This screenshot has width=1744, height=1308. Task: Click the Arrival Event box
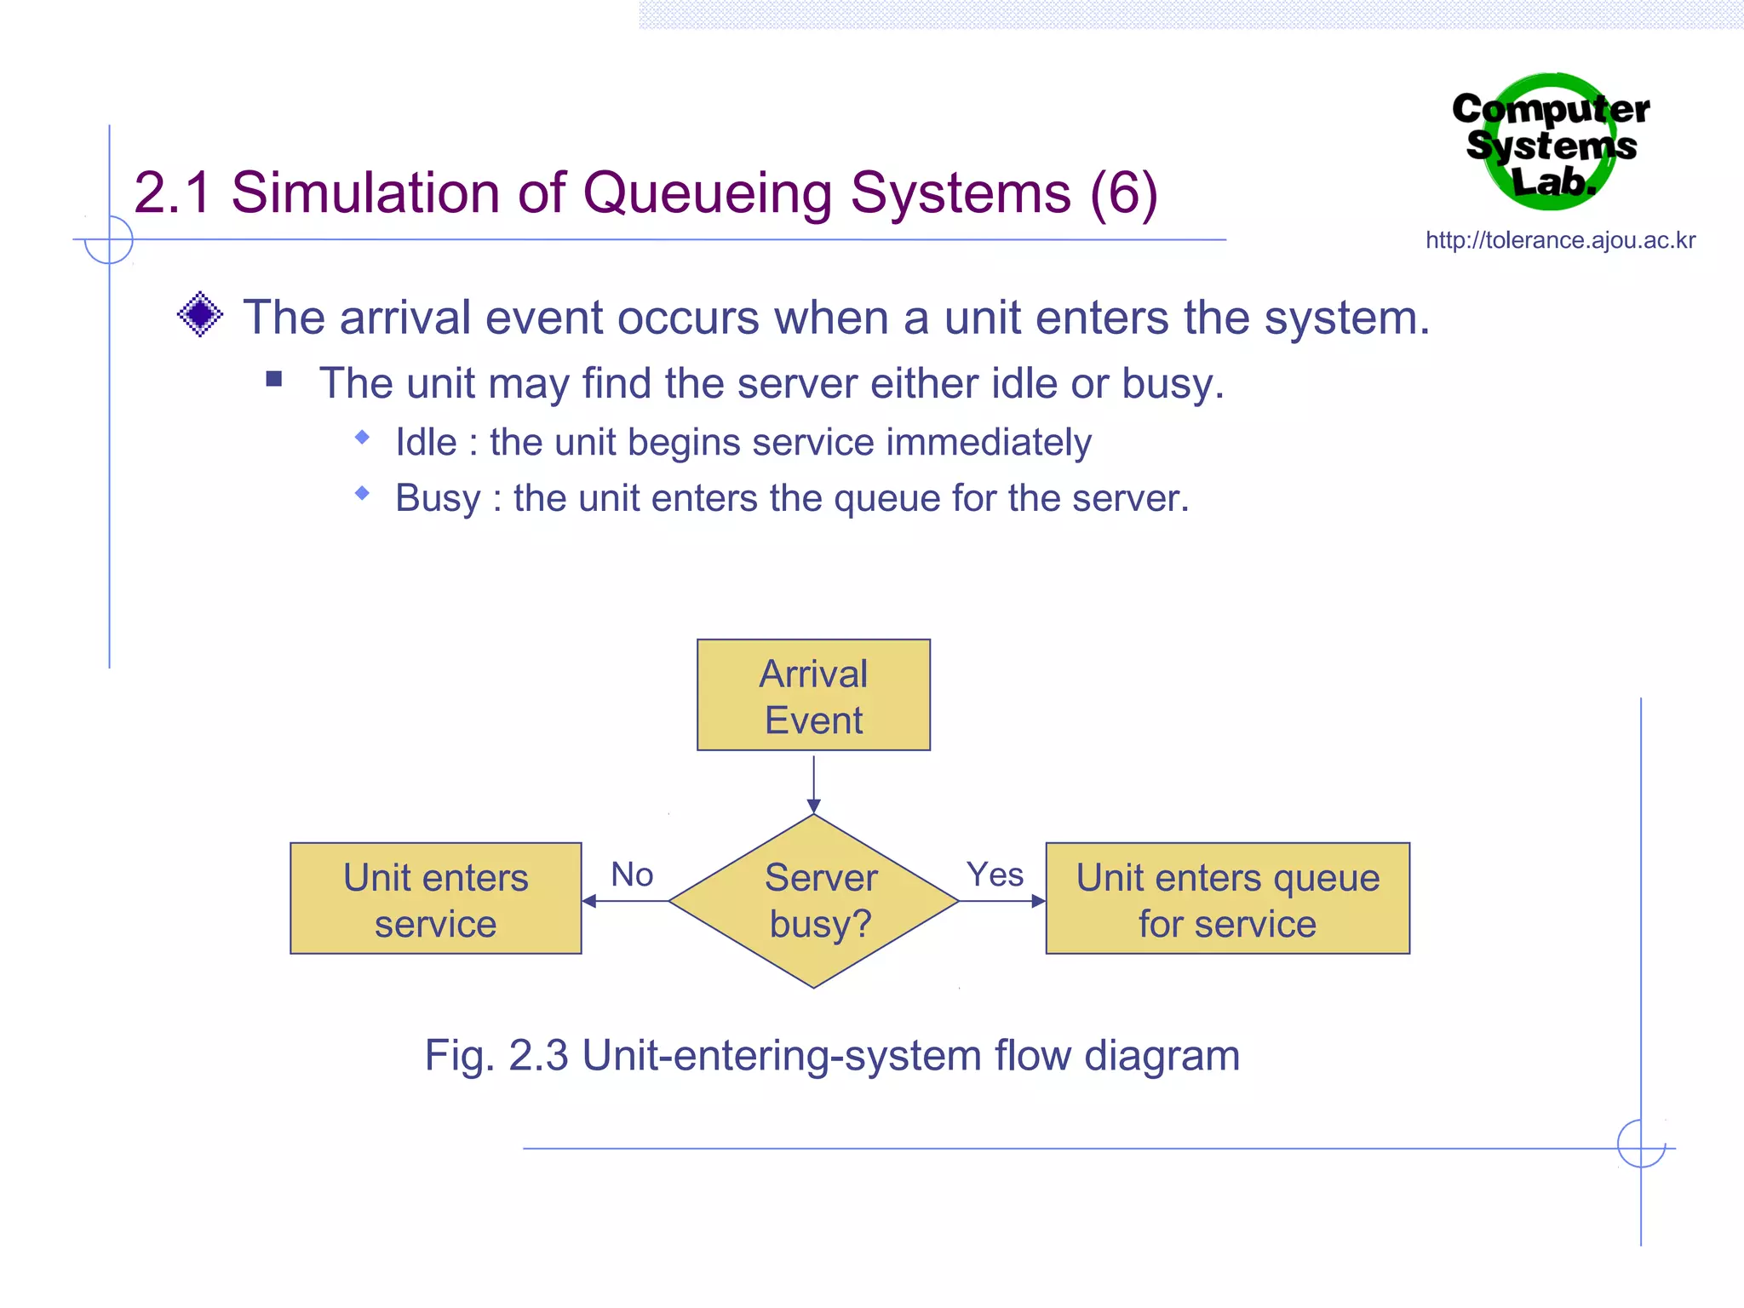[x=813, y=695]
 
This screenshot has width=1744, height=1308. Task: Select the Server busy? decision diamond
[x=813, y=901]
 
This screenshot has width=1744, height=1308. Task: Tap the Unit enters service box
[x=435, y=898]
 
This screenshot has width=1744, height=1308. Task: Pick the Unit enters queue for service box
[x=1227, y=898]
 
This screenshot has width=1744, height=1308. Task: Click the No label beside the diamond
[x=632, y=875]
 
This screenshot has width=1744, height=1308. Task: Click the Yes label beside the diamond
[x=995, y=875]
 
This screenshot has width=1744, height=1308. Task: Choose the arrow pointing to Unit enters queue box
[x=1002, y=901]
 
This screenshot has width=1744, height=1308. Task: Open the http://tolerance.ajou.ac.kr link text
[x=1560, y=240]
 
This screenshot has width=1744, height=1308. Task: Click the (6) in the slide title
[x=1124, y=192]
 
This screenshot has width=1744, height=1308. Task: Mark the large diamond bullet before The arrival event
[x=200, y=314]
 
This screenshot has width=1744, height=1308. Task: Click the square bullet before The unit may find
[x=273, y=378]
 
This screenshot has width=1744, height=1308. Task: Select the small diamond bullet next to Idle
[x=363, y=438]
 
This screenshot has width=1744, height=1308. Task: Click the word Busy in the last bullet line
[x=438, y=499]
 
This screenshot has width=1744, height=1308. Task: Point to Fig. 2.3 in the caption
[x=496, y=1056]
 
